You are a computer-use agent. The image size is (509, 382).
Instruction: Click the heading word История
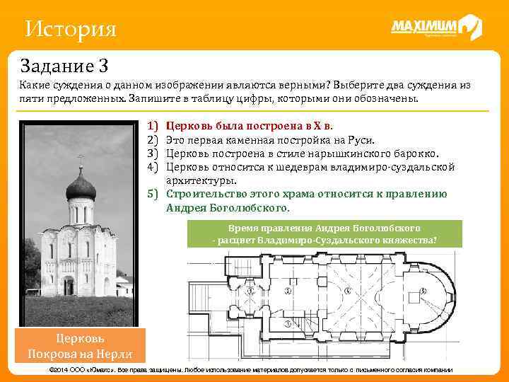pos(69,30)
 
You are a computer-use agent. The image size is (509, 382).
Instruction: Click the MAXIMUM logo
pos(435,28)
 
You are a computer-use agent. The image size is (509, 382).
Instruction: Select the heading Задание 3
pos(64,66)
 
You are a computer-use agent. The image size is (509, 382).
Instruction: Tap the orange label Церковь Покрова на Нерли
pos(80,345)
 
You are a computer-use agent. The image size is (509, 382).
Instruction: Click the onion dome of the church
pos(80,185)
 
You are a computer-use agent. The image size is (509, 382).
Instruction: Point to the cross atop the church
pos(80,160)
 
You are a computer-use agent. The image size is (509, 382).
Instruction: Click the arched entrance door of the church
pos(69,285)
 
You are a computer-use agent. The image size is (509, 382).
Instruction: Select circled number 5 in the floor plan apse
pos(423,291)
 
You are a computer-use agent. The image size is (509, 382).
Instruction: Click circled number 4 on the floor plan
pos(346,291)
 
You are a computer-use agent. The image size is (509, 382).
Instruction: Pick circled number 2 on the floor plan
pos(288,291)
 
